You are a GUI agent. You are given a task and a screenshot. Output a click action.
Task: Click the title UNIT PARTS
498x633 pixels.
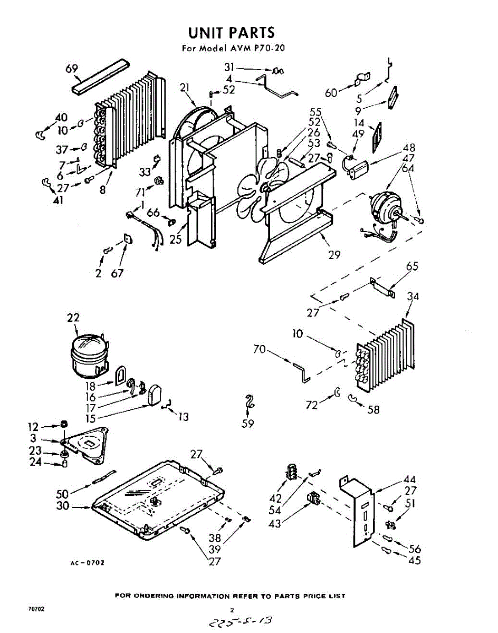(x=232, y=33)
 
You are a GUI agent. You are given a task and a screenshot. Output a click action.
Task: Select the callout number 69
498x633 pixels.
(x=72, y=69)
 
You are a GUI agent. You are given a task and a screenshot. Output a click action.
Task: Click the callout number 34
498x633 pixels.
(x=413, y=296)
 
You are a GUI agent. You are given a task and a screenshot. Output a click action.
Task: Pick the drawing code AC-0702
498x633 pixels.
(x=88, y=563)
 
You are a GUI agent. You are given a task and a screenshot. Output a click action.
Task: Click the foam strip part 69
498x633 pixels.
(x=100, y=76)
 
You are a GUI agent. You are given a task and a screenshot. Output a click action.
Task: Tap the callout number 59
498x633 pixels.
(x=247, y=423)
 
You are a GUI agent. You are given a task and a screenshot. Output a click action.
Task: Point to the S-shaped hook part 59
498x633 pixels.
(x=250, y=402)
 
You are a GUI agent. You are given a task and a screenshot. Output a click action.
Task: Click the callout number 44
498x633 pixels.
(x=409, y=479)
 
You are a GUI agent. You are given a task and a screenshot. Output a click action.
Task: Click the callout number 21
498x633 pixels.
(x=184, y=88)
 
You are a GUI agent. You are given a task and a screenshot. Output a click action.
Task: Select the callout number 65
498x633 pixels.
(x=412, y=266)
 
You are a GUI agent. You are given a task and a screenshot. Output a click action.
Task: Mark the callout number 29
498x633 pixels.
(x=334, y=255)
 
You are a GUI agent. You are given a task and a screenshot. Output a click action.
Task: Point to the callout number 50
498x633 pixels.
(x=63, y=494)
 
